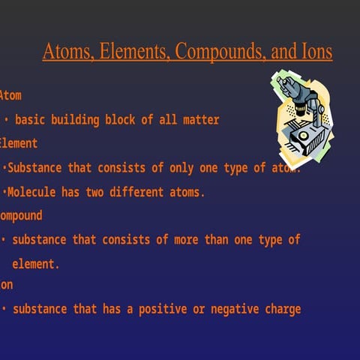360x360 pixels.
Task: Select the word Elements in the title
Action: coord(127,52)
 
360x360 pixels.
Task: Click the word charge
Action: coord(283,309)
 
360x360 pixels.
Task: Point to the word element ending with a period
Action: coord(35,264)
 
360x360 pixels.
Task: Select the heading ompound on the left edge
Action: coord(21,216)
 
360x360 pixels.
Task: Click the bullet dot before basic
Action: coord(6,120)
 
